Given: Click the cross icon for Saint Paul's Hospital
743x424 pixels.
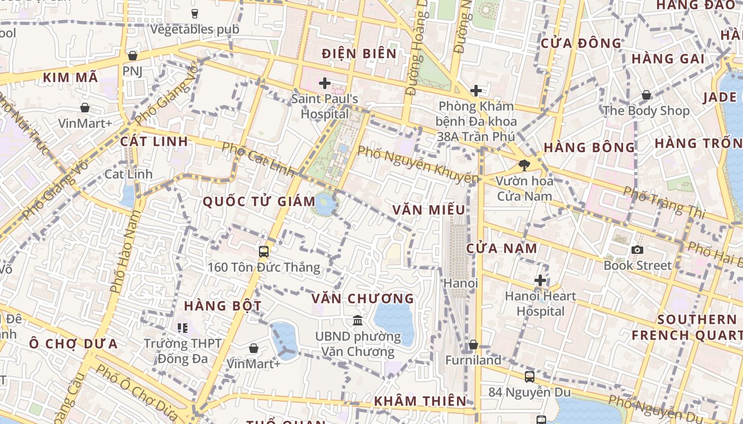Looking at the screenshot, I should tap(324, 83).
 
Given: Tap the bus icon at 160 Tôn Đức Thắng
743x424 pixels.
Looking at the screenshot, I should tap(264, 251).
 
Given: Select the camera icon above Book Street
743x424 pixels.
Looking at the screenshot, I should tap(637, 249).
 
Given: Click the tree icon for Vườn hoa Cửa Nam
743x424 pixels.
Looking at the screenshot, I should tap(524, 165).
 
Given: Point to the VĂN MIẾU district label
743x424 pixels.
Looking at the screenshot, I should tap(429, 210).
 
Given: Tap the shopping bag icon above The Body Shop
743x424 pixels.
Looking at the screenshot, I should tap(646, 95).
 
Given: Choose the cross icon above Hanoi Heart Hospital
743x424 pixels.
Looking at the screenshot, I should tap(540, 280).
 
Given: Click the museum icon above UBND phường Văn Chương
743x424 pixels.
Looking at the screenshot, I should tap(358, 320).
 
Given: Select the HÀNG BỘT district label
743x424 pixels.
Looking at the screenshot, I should tap(223, 306).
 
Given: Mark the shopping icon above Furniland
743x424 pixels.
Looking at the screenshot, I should tap(473, 344).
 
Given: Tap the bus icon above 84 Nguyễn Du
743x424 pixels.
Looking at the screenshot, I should tap(529, 376).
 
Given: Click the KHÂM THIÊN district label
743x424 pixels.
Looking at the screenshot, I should tap(420, 401).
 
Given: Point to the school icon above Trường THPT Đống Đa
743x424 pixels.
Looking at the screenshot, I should tap(183, 328).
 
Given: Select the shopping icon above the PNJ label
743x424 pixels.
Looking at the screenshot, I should tap(133, 56).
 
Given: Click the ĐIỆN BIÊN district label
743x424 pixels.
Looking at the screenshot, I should tap(359, 54).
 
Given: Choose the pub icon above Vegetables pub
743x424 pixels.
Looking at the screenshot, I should tap(194, 13).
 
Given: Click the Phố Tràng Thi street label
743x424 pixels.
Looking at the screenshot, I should tap(664, 202).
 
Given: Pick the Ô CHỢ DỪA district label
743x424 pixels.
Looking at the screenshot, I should tap(73, 343).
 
